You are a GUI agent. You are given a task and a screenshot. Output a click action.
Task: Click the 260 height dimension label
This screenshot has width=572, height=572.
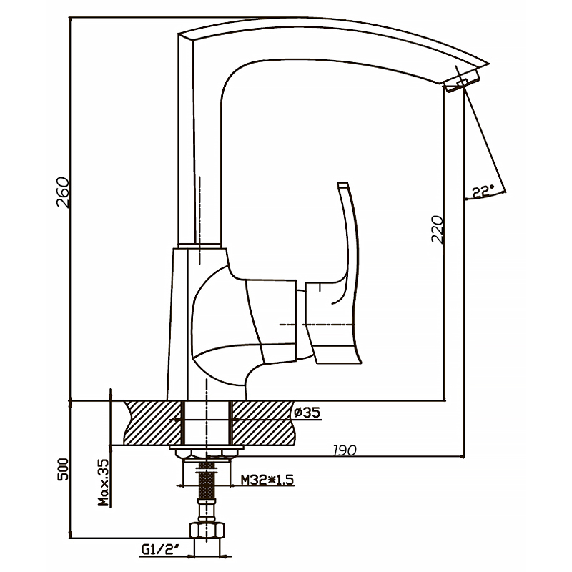coord(63,192)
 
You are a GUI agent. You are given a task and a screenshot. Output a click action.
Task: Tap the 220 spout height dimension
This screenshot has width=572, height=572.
coord(437,229)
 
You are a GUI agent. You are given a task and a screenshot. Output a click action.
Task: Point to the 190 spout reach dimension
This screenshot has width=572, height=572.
coord(345,450)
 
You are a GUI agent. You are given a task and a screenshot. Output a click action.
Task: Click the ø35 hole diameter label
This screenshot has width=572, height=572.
coord(307,413)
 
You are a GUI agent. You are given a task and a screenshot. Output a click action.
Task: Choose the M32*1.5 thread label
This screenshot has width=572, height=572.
coord(267,479)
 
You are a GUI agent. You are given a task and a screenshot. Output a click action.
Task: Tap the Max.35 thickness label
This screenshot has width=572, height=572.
coord(104,482)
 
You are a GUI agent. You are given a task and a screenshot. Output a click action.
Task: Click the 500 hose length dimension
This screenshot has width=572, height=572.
coord(63,469)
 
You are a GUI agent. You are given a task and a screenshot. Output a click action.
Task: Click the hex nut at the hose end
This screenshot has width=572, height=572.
coord(207,530)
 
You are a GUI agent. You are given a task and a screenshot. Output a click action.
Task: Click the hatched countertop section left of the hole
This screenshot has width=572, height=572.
coord(153,423)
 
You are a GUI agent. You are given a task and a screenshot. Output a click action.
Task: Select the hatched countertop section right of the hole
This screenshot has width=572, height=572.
coord(262,423)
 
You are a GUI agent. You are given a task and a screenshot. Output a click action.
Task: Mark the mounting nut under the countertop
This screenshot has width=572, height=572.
coord(207,453)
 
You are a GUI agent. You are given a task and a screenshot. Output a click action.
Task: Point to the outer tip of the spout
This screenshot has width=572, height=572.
coord(488,64)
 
